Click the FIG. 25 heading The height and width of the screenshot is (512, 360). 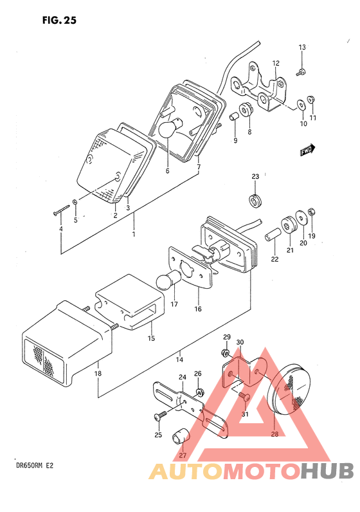(59, 20)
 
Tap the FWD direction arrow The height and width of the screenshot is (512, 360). (307, 150)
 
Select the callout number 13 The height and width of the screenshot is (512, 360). (302, 47)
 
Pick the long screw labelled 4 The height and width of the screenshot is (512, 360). (62, 210)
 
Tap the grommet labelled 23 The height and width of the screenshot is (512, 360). (255, 201)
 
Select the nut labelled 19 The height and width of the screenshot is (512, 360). (311, 212)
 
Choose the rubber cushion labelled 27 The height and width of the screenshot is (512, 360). (181, 436)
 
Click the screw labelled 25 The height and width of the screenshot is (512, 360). (159, 415)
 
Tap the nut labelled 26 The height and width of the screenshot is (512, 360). (198, 392)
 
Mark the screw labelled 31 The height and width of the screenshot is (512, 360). (244, 396)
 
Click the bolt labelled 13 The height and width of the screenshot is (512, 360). (301, 72)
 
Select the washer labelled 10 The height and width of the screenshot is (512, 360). (301, 105)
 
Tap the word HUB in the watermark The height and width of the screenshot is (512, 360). (327, 471)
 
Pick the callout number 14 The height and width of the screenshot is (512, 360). (179, 360)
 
